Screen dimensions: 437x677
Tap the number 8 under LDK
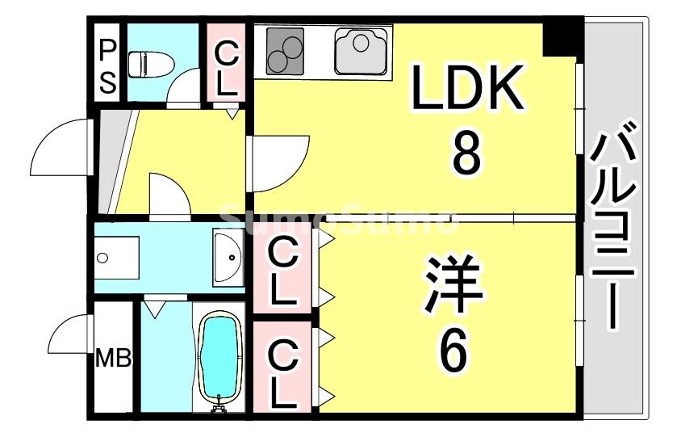467,154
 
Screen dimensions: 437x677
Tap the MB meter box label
114,357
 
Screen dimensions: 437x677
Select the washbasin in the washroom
228,258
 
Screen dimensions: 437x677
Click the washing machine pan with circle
117,258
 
